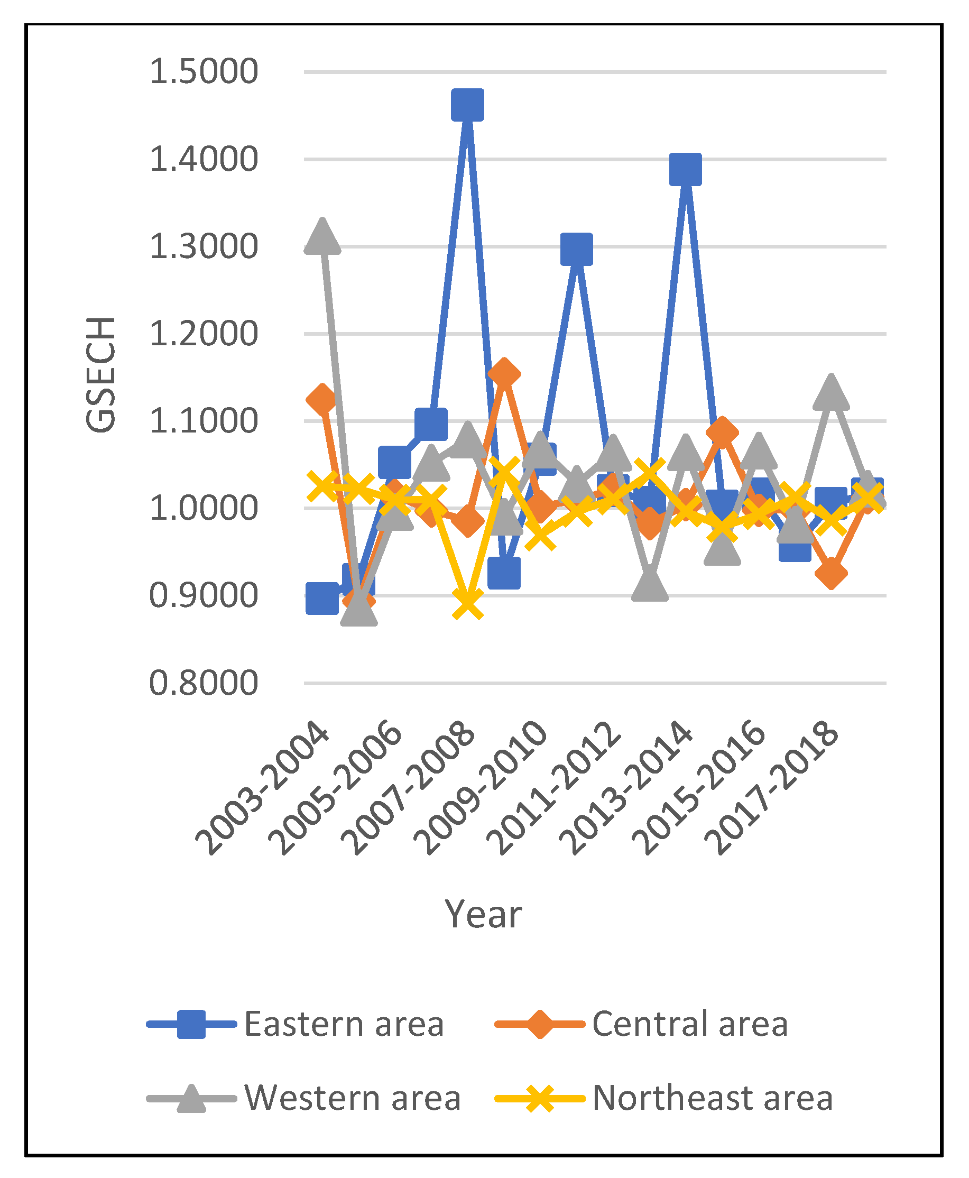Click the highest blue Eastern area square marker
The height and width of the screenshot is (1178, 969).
click(467, 104)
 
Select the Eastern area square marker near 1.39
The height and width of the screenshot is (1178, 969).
click(686, 169)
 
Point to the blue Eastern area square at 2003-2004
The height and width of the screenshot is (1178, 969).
click(322, 599)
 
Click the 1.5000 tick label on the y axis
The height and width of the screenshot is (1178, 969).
click(204, 71)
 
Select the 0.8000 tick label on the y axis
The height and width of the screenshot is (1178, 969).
click(204, 683)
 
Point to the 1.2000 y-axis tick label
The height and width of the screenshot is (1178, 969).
click(204, 334)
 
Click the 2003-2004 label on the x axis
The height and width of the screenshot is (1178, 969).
click(262, 787)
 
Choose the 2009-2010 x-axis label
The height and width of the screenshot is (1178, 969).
click(481, 787)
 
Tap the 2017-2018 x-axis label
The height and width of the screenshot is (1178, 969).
click(771, 787)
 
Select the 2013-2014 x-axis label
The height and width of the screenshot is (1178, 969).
click(626, 787)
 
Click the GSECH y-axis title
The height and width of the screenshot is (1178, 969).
click(101, 374)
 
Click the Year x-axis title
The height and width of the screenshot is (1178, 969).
click(483, 915)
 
